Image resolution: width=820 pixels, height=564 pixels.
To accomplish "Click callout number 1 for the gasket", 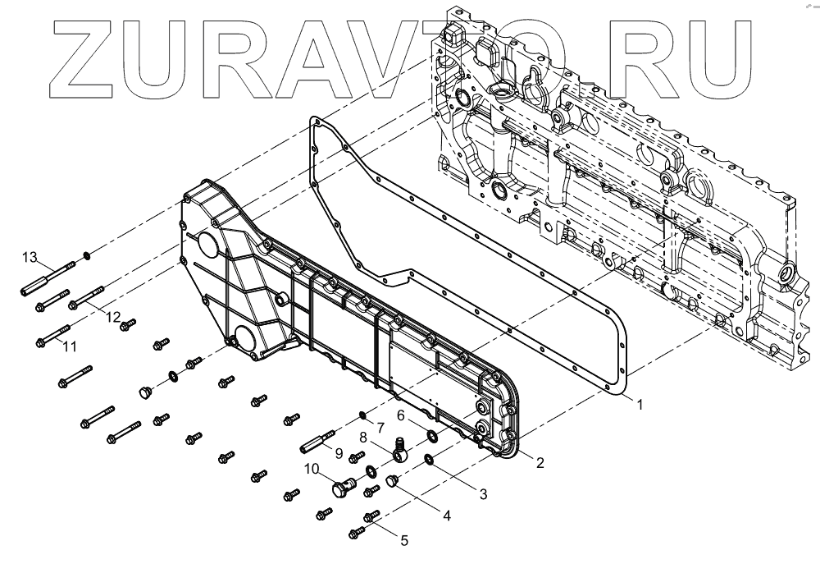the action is tap(640, 404).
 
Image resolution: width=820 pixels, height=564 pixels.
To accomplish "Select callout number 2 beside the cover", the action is tap(540, 461).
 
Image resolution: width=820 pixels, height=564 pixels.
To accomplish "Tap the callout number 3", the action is tap(483, 494).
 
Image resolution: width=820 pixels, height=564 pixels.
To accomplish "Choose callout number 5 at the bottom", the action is tap(403, 540).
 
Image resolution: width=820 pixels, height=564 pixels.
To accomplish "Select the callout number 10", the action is tap(312, 469).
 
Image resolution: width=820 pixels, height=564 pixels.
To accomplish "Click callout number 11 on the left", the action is tap(70, 347).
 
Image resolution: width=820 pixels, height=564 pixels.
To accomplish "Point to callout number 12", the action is tap(113, 317).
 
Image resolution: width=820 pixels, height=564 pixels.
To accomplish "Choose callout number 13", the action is tap(30, 259).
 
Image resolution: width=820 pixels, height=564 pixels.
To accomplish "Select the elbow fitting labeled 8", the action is tap(399, 449).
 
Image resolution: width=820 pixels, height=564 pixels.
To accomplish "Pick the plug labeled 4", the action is tap(391, 483).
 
